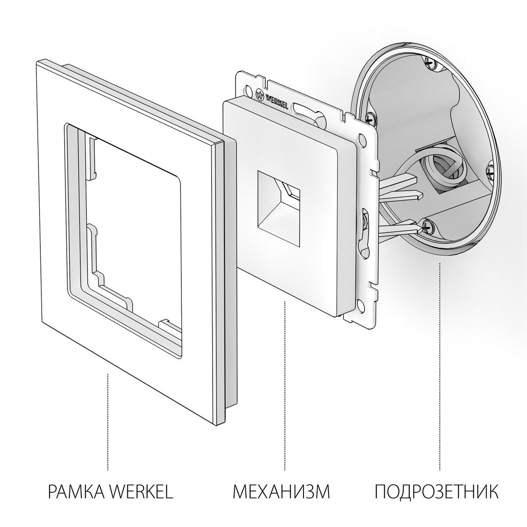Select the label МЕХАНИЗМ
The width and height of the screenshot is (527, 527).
pos(282,491)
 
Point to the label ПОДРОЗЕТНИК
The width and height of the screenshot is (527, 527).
pos(437,491)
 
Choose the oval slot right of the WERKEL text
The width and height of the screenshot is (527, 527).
pos(303,109)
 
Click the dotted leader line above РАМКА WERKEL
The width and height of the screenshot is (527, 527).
pos(108,422)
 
